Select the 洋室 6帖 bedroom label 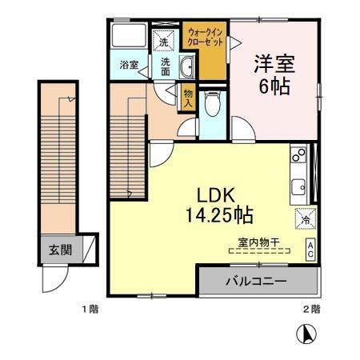pyautogui.click(x=273, y=74)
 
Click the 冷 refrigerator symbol pyautogui.click(x=306, y=217)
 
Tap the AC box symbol pyautogui.click(x=309, y=249)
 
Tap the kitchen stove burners pyautogui.click(x=299, y=152)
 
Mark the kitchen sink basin pyautogui.click(x=299, y=187)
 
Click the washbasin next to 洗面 pyautogui.click(x=188, y=66)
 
